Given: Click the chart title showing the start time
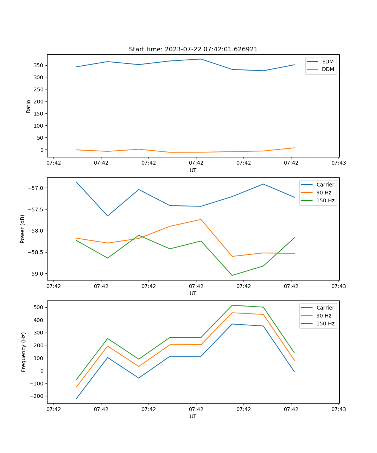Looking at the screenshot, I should pos(193,49).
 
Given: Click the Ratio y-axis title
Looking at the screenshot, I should pos(29,106).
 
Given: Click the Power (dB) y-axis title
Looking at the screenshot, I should pos(23,229).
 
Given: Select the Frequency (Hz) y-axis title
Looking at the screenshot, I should pos(23,352).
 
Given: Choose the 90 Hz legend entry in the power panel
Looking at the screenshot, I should pos(323,193).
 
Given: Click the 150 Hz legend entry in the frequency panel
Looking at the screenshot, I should pos(325,324).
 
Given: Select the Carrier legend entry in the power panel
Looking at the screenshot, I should pos(325,185).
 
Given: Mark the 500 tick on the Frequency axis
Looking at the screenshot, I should pos(39,307).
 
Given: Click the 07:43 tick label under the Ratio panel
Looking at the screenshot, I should pos(339,163).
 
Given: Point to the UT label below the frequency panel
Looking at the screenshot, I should pos(193,416).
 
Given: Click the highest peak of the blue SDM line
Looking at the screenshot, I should pos(201,59).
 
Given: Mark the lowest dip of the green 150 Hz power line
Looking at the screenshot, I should pos(232,275).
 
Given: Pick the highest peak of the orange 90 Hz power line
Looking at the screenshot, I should pos(201,219).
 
